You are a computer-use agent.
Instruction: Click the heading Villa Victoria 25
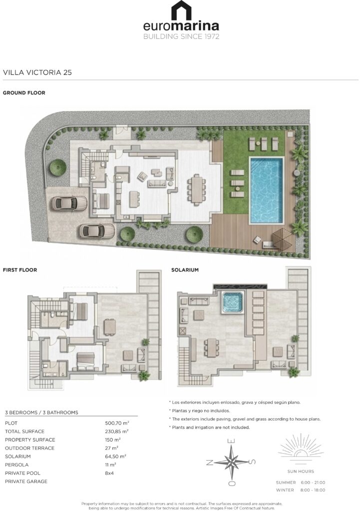[37, 72]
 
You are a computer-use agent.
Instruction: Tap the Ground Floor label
[24, 93]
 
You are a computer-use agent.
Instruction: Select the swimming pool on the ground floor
[267, 190]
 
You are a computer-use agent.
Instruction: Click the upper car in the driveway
[69, 204]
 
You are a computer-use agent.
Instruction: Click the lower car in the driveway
[96, 232]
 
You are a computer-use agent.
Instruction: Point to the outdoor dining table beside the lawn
[196, 190]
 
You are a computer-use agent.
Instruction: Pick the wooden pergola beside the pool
[283, 239]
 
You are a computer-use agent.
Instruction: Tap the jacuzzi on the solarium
[233, 302]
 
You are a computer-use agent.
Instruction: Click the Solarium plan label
[185, 270]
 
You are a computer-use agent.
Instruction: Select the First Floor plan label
[20, 270]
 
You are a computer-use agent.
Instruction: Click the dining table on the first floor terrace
[109, 327]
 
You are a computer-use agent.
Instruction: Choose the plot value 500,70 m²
[117, 423]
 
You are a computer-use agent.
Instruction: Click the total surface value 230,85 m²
[117, 431]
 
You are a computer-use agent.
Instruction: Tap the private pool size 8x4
[109, 473]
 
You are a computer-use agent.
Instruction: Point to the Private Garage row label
[26, 482]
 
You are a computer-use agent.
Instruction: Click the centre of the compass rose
[231, 462]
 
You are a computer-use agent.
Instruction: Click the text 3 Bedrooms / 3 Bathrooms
[41, 413]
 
